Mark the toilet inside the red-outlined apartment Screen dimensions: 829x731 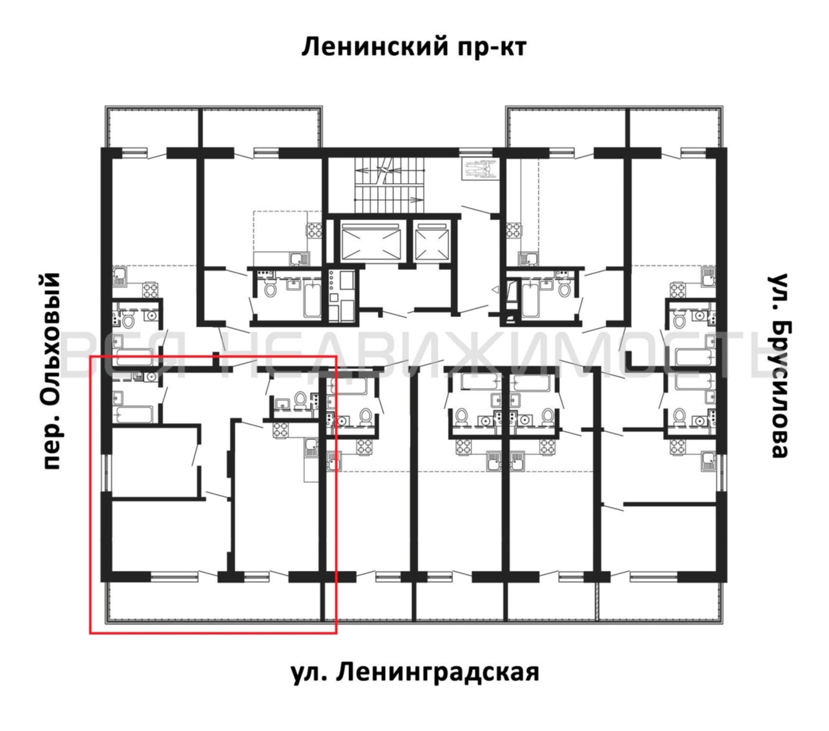coord(300,400)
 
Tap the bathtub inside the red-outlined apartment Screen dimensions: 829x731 coord(134,414)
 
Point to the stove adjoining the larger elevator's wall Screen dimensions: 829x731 coord(315,231)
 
